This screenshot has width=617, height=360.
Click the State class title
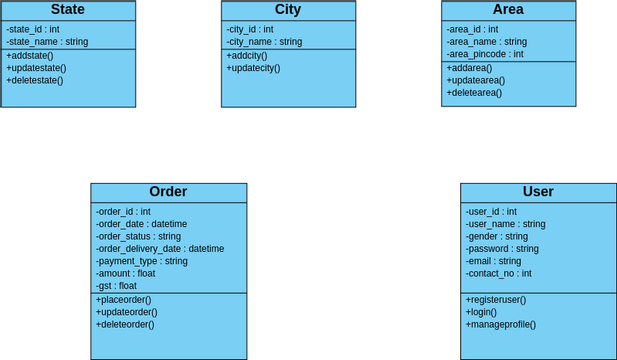click(67, 10)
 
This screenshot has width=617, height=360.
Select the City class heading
click(287, 10)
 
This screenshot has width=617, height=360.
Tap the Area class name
click(508, 10)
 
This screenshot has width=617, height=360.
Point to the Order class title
click(168, 192)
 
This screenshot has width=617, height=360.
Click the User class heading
click(538, 192)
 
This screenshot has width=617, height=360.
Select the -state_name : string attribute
click(46, 42)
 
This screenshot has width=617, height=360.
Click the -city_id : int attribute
click(250, 29)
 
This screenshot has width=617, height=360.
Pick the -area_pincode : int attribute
click(485, 54)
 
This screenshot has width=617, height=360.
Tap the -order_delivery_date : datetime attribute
click(160, 249)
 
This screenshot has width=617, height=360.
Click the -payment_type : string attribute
click(141, 261)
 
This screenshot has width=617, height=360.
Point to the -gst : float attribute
click(116, 286)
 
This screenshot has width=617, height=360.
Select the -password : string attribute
click(502, 249)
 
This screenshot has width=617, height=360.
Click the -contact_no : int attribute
click(498, 273)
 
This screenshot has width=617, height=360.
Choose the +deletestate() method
click(35, 80)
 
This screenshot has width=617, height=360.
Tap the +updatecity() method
click(253, 68)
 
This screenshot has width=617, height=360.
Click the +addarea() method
click(469, 67)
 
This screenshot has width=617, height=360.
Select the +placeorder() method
click(124, 300)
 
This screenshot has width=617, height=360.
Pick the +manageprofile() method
click(500, 324)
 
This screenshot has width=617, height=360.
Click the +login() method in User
click(482, 312)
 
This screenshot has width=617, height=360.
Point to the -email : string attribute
click(493, 261)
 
